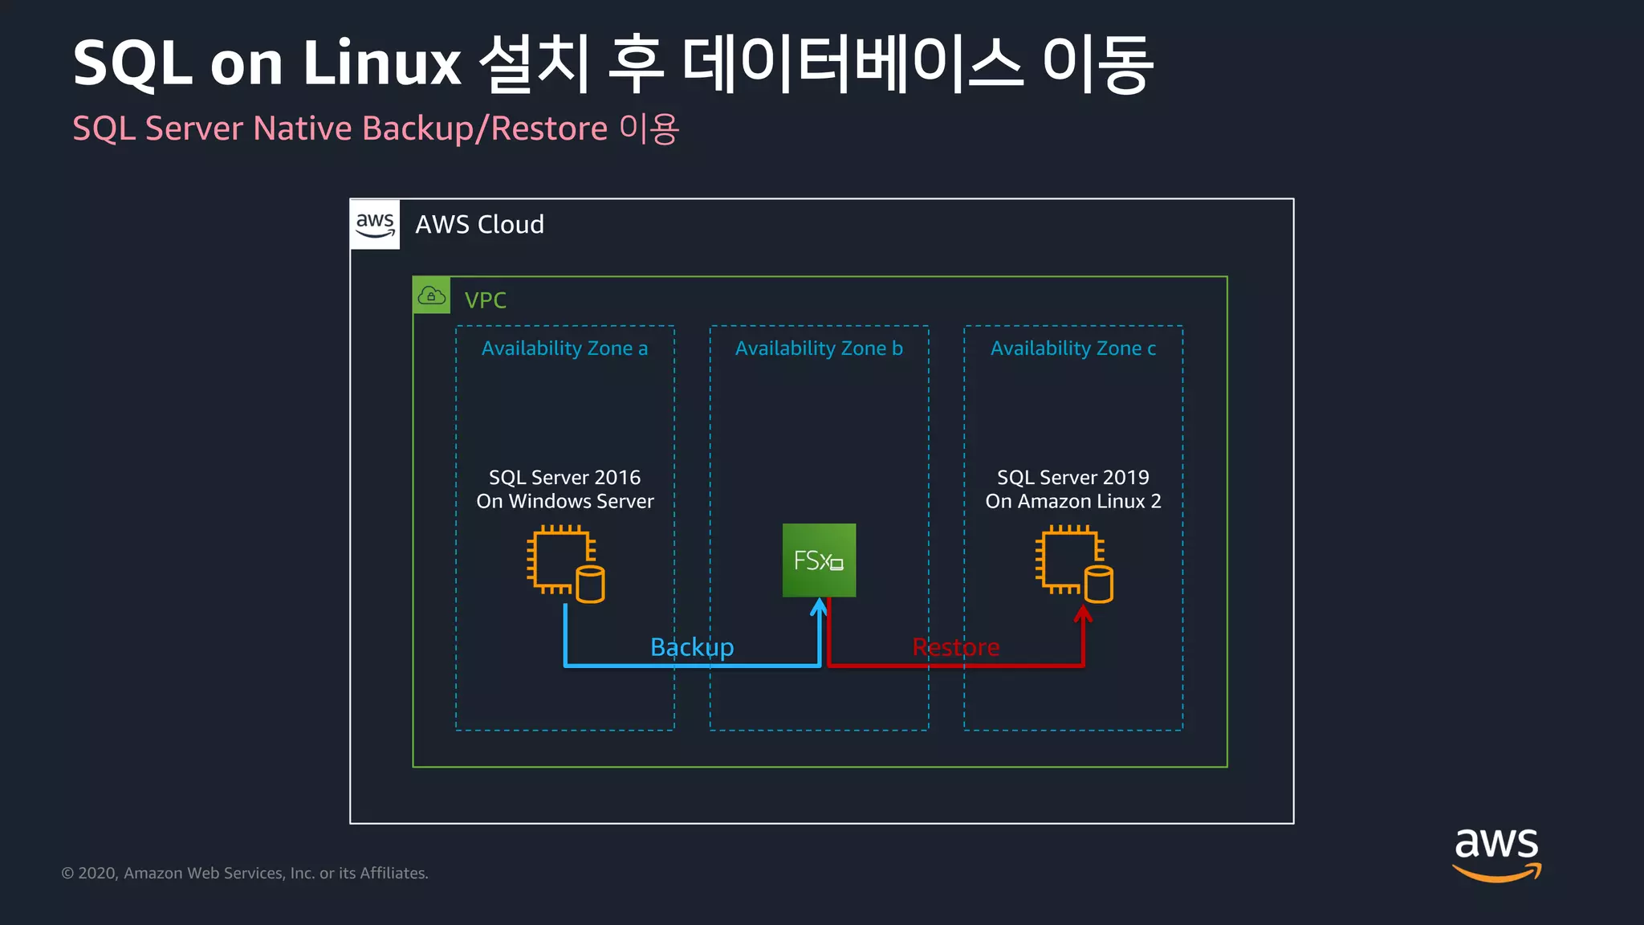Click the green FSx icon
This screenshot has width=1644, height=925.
point(819,560)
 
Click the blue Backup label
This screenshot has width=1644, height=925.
point(692,647)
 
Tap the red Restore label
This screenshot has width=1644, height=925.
point(955,647)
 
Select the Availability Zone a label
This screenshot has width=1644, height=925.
point(564,348)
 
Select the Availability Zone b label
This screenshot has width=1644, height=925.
point(819,348)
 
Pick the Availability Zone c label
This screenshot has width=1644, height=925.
point(1073,348)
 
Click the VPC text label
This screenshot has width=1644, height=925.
point(485,300)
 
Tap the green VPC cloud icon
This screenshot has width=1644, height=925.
point(432,295)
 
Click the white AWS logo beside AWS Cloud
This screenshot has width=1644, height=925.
point(375,224)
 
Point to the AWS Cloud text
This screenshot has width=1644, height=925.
point(479,225)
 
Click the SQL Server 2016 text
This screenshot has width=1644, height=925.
point(564,478)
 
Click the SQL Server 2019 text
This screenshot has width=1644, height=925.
point(1072,478)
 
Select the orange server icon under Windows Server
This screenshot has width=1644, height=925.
point(565,564)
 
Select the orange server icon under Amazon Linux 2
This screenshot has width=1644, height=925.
point(1073,564)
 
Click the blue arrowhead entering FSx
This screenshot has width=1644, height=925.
point(819,607)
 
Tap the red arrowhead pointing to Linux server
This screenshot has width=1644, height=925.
point(1083,614)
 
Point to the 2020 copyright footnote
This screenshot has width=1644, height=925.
point(245,874)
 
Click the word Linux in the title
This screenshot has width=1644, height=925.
point(382,64)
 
